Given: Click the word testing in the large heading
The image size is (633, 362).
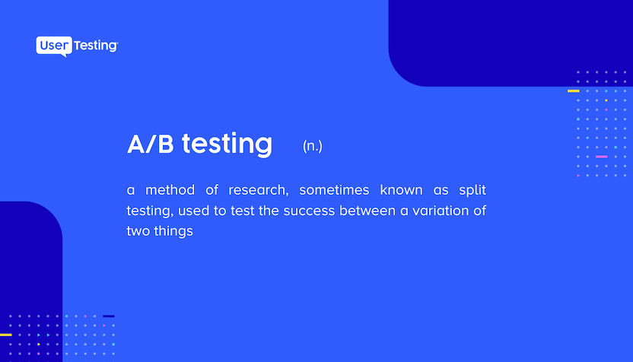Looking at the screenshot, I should [x=227, y=144].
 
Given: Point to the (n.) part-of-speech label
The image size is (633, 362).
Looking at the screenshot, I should [x=312, y=146].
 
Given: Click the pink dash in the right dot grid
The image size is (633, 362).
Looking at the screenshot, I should [x=601, y=157].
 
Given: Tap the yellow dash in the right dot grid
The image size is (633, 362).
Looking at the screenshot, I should [x=573, y=90].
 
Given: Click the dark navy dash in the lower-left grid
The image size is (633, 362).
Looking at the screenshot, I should [x=108, y=316].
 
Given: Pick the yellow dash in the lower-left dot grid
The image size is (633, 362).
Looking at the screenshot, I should [x=5, y=335].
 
